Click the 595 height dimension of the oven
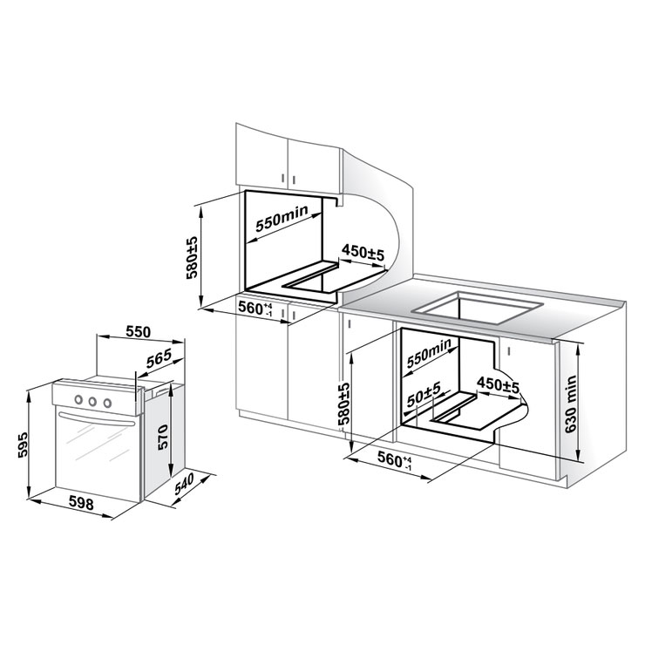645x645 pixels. pyautogui.click(x=23, y=445)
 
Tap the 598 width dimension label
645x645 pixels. pyautogui.click(x=81, y=502)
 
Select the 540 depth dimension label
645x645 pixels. pyautogui.click(x=184, y=484)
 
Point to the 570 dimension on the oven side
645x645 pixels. pyautogui.click(x=163, y=437)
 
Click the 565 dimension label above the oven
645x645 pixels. pyautogui.click(x=159, y=358)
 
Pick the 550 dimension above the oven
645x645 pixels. pyautogui.click(x=139, y=331)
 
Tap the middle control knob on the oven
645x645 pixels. pyautogui.click(x=92, y=401)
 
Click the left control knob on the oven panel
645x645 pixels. pyautogui.click(x=78, y=399)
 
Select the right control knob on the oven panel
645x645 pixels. pyautogui.click(x=107, y=403)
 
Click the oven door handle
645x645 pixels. pyautogui.click(x=97, y=418)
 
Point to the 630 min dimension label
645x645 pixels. pyautogui.click(x=571, y=404)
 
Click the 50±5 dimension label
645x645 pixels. pyautogui.click(x=424, y=394)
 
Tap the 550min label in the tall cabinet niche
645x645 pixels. pyautogui.click(x=282, y=218)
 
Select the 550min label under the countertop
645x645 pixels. pyautogui.click(x=429, y=353)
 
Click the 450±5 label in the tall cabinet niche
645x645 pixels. pyautogui.click(x=363, y=252)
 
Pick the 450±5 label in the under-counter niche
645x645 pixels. pyautogui.click(x=499, y=385)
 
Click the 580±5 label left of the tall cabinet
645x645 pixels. pyautogui.click(x=192, y=258)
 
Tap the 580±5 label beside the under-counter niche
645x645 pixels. pyautogui.click(x=343, y=404)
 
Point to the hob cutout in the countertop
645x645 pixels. pyautogui.click(x=478, y=308)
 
